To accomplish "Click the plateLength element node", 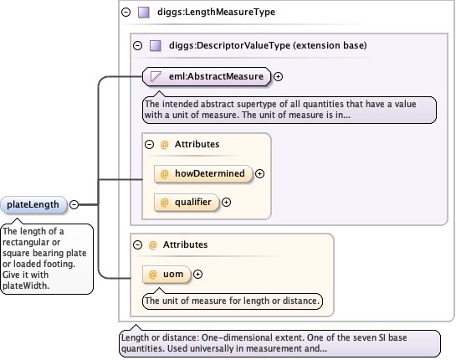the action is [33, 204].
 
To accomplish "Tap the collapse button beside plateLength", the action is [74, 204].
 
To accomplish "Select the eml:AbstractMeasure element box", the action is [207, 76].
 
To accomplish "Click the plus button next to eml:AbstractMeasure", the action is [279, 76].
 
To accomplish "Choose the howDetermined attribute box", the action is [203, 174].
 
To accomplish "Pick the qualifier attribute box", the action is [187, 202].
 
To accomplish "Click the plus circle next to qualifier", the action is [226, 203].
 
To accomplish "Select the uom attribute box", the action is [167, 274].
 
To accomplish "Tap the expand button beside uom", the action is [197, 274].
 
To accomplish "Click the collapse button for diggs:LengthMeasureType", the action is [126, 13].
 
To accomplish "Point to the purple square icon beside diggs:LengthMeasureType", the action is [144, 13].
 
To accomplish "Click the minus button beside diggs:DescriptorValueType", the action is [137, 46].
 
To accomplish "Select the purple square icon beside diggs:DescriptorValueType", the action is [156, 46].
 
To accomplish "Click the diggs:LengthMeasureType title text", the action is [216, 12].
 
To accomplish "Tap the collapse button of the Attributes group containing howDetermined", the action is [149, 144].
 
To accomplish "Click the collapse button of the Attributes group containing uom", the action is [137, 244].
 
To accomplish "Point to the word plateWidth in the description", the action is [26, 285].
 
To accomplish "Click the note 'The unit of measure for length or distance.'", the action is [233, 301].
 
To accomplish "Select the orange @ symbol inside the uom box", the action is [152, 274].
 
